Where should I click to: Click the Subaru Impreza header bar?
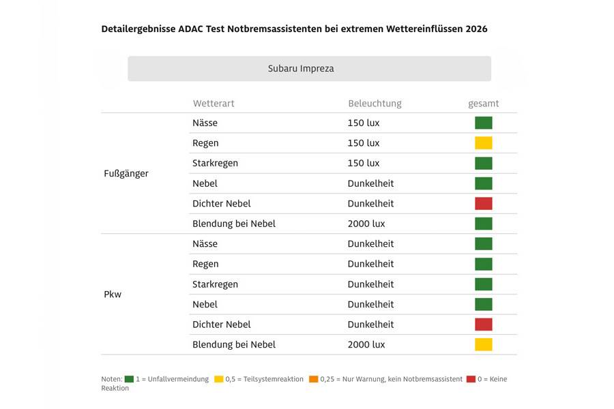click(x=309, y=68)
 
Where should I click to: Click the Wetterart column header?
click(x=214, y=104)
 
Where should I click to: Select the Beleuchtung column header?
click(x=375, y=104)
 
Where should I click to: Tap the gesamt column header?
click(x=483, y=104)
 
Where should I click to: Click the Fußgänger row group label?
click(x=126, y=173)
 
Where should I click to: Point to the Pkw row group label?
click(x=113, y=294)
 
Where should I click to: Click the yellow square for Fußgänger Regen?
click(x=484, y=143)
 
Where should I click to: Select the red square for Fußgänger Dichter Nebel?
click(x=484, y=203)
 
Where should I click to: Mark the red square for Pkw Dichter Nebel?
click(x=484, y=324)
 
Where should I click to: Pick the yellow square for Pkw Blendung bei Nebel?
click(x=484, y=344)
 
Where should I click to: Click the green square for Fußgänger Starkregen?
click(x=484, y=163)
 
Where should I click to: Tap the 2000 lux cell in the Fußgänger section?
click(x=366, y=224)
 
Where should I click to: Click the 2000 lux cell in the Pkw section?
click(x=366, y=344)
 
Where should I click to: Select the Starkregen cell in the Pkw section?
click(x=215, y=284)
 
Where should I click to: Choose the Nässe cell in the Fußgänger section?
click(x=205, y=123)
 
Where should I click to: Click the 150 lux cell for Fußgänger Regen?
click(x=363, y=143)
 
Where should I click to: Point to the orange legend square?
click(x=313, y=379)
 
